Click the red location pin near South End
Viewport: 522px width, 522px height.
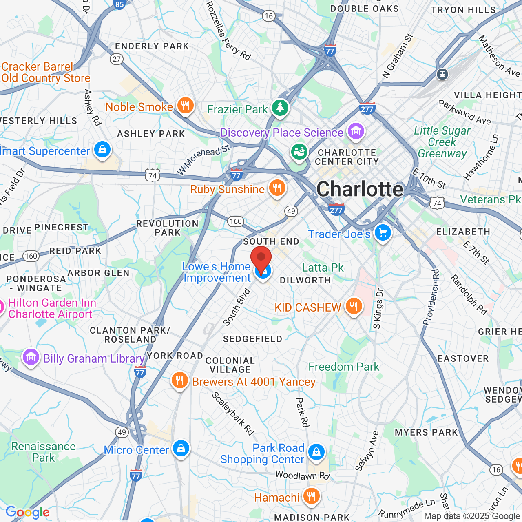261,258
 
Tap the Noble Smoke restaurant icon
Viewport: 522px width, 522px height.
185,106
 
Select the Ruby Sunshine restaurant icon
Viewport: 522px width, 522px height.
277,188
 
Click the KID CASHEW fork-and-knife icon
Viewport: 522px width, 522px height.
354,306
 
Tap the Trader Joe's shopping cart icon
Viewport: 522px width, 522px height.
383,233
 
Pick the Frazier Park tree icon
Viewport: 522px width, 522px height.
280,108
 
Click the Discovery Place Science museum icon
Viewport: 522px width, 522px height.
356,131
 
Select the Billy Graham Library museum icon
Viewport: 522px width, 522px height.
31,357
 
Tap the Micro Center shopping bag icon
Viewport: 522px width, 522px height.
181,449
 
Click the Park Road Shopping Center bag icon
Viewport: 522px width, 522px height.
316,452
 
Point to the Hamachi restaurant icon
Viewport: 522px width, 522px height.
311,496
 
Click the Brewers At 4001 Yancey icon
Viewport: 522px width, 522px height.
179,380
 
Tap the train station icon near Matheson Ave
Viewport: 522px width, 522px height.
442,74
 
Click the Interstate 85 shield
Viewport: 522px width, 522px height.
119,4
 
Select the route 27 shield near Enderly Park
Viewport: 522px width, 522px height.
117,59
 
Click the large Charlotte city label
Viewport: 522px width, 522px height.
360,189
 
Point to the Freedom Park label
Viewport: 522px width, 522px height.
344,367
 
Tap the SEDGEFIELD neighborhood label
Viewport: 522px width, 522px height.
253,339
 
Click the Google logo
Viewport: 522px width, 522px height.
27,512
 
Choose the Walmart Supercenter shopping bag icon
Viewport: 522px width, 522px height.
102,150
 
